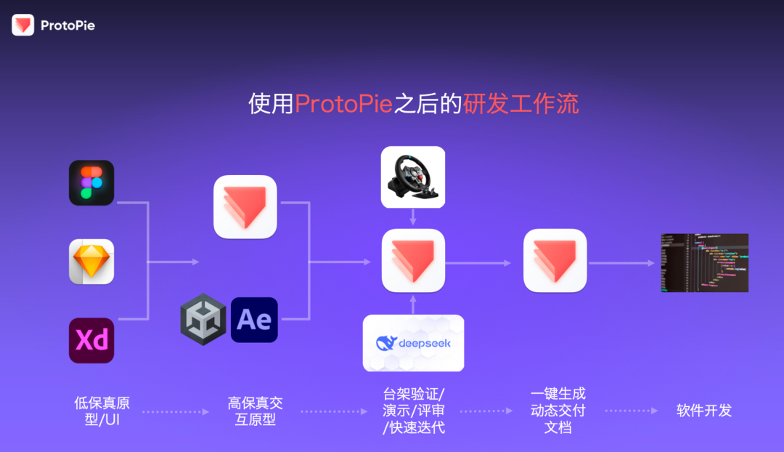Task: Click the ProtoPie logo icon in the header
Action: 23,25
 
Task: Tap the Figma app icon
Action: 91,182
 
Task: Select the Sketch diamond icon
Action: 91,262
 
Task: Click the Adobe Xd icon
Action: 91,340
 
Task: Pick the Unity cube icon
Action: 203,320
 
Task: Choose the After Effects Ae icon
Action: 254,320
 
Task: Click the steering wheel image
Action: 413,177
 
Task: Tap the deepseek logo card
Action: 413,343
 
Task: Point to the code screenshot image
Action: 704,263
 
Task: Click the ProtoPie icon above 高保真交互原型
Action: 245,207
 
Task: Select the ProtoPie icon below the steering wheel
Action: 413,261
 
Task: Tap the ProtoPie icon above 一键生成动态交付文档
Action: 555,261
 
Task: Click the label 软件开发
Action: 704,411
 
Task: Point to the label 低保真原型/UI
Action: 102,411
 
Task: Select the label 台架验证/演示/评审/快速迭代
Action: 414,411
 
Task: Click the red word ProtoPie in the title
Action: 344,104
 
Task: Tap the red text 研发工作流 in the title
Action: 520,104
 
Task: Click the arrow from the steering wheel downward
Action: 413,217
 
